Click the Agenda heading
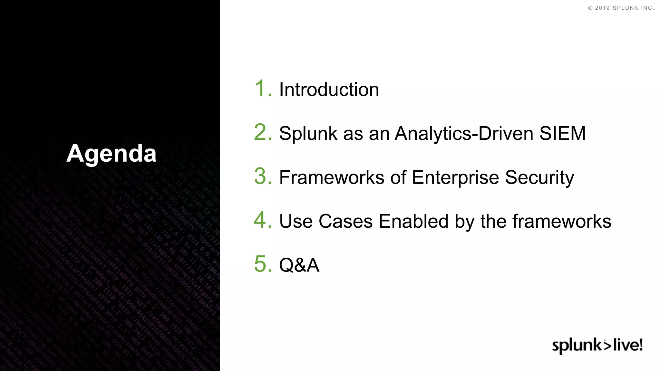point(111,153)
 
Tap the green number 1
point(263,88)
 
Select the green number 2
point(263,132)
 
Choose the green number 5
point(263,264)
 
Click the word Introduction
point(329,90)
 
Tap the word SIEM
point(562,133)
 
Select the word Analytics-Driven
point(464,133)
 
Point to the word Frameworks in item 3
point(332,177)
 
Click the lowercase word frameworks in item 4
point(561,222)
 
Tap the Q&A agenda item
point(299,265)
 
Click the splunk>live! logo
point(597,345)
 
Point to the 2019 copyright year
point(602,8)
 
